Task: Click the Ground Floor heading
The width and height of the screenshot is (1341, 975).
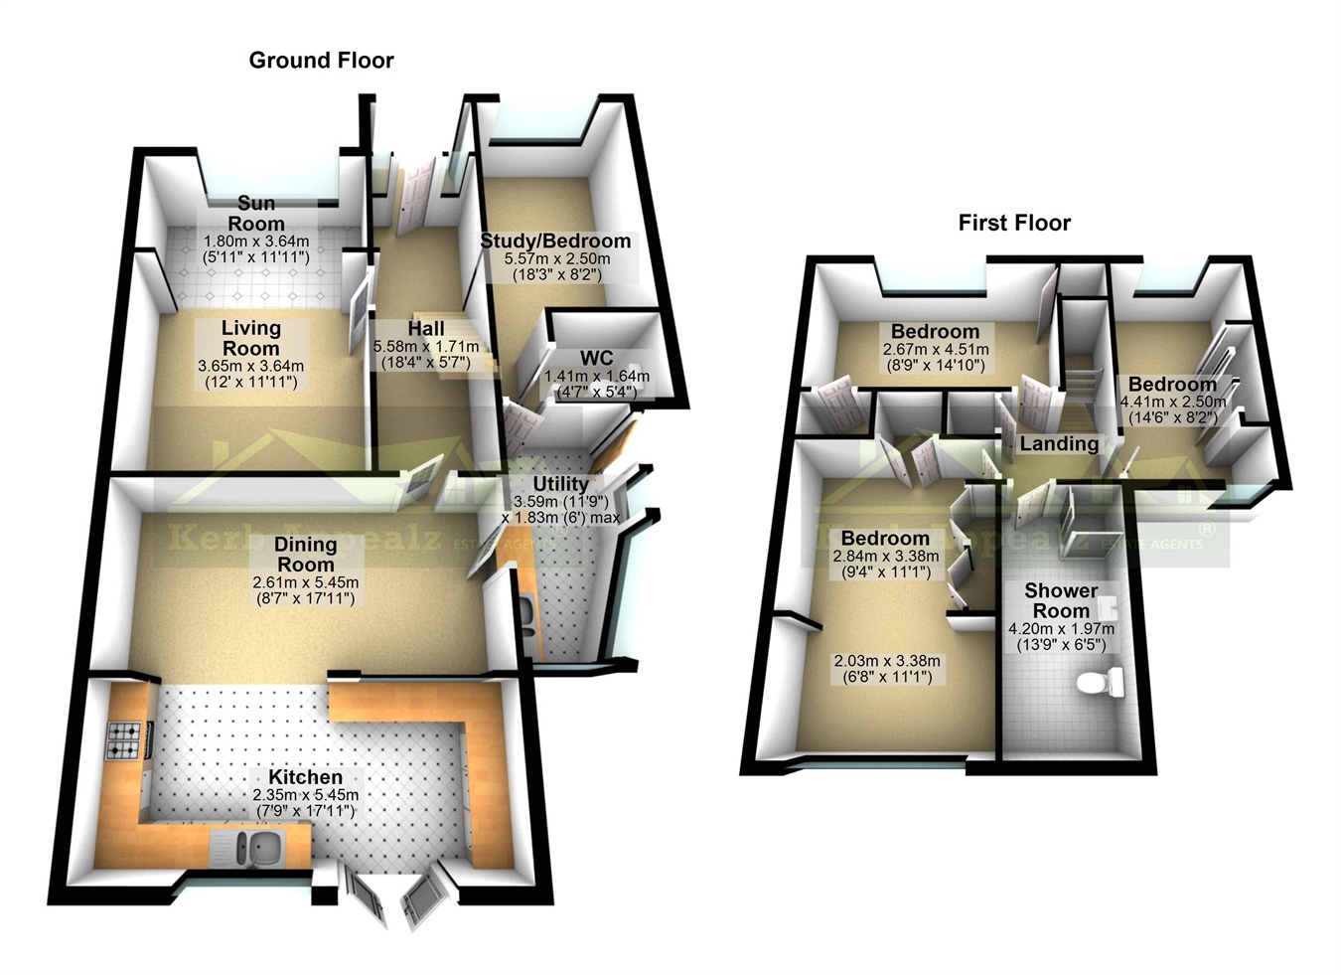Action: [321, 61]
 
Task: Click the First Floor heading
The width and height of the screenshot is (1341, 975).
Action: [1014, 223]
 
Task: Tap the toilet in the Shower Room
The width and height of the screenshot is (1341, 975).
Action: [1099, 682]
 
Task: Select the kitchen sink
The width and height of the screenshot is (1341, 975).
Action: [261, 848]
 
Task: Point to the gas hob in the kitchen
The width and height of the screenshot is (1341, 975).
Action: [124, 740]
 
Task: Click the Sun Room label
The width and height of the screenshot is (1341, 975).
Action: [256, 214]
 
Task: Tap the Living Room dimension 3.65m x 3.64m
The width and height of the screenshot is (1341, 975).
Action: [250, 366]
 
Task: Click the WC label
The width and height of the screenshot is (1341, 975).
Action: [596, 358]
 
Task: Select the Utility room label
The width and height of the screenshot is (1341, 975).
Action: [561, 484]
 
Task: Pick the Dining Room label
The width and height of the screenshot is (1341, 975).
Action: [305, 554]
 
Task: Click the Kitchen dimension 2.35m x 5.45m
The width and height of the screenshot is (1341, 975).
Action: [305, 795]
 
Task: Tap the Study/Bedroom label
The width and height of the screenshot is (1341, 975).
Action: [555, 241]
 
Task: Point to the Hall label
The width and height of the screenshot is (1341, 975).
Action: [425, 328]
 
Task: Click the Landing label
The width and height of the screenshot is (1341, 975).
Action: [1059, 443]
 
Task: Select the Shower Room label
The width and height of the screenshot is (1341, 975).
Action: [1061, 600]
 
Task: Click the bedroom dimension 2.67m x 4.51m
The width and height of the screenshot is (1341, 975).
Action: [935, 350]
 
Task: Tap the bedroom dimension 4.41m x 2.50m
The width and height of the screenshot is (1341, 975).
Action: [1172, 402]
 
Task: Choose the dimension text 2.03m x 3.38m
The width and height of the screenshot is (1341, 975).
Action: [887, 662]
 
